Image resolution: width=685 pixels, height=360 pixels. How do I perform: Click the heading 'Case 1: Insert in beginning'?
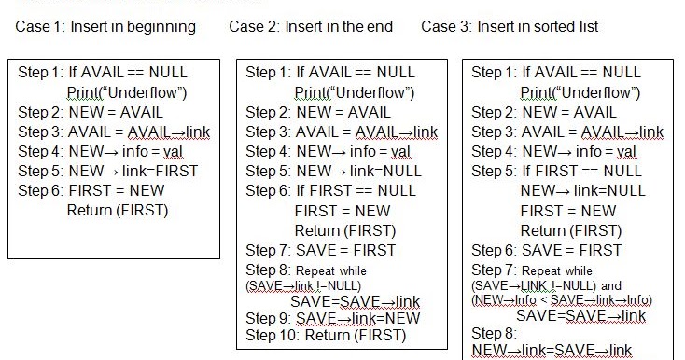click(105, 26)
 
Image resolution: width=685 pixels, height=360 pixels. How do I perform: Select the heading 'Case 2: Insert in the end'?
click(311, 26)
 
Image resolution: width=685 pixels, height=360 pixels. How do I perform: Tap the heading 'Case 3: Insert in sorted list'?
click(510, 26)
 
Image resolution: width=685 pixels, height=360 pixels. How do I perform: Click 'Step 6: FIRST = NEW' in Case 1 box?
click(91, 190)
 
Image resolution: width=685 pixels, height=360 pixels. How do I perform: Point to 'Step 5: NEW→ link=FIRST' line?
click(108, 171)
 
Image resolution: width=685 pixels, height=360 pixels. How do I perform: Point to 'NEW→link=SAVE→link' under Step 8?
click(552, 351)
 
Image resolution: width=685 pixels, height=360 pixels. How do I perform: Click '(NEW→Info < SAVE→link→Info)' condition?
click(562, 299)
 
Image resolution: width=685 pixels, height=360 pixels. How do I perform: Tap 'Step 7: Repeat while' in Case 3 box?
click(532, 270)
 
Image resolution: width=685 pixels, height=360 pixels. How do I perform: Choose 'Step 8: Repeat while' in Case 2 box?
click(308, 270)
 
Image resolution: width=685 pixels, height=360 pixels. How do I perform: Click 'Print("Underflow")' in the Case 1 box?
click(127, 91)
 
